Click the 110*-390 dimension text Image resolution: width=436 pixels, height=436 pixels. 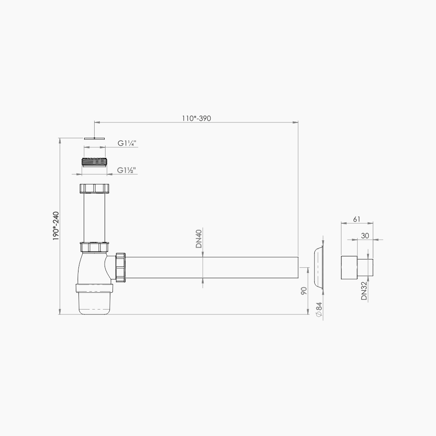coord(196,118)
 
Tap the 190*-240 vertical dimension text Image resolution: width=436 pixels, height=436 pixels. coord(55,226)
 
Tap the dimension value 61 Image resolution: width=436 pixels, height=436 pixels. coord(356,219)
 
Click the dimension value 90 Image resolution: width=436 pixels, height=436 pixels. coord(304,291)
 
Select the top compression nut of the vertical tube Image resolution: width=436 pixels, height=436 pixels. coord(95,188)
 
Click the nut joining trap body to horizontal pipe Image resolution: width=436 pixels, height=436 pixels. coord(120,267)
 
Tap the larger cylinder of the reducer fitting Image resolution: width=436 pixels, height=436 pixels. coord(348,267)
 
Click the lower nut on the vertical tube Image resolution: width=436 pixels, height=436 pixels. coord(95,247)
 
